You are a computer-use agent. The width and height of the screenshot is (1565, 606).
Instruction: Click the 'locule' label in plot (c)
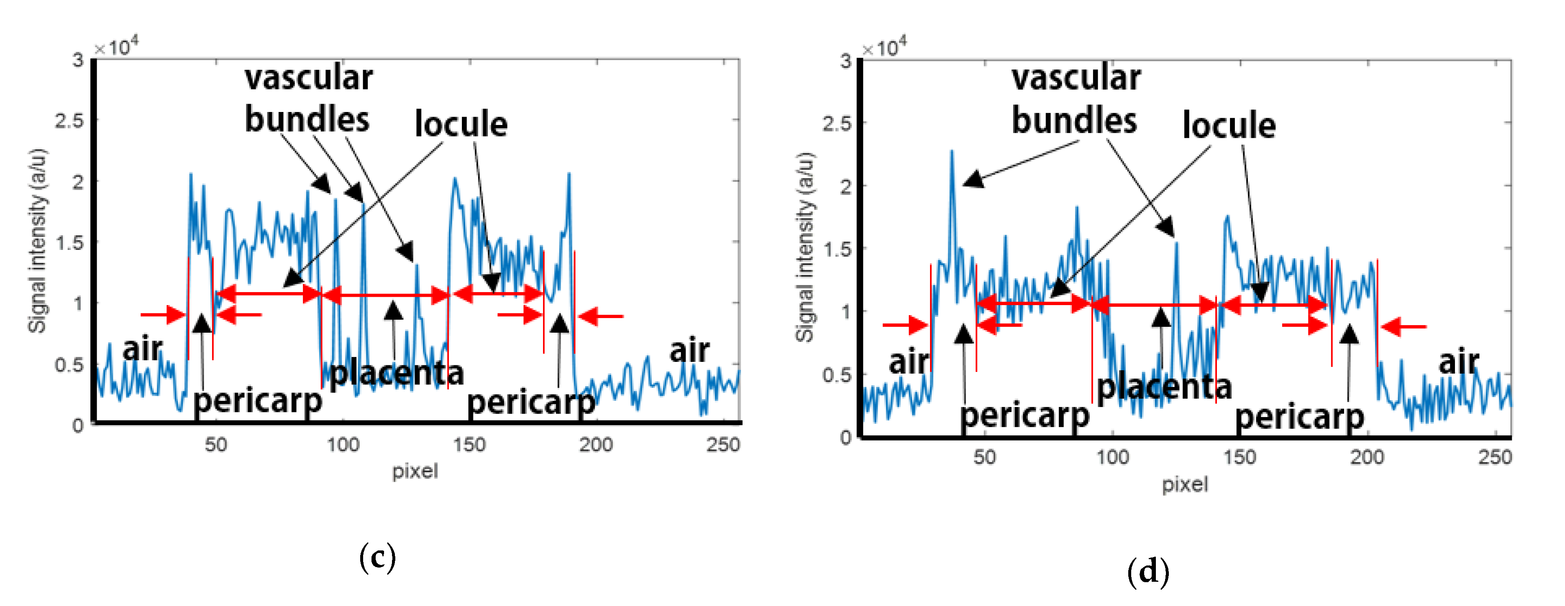pyautogui.click(x=461, y=125)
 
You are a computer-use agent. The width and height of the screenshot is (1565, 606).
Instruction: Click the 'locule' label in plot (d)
pyautogui.click(x=1228, y=126)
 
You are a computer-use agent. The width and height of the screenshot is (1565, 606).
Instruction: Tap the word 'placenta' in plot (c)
pyautogui.click(x=397, y=372)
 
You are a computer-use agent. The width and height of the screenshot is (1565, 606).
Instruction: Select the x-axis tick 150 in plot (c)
pyautogui.click(x=469, y=445)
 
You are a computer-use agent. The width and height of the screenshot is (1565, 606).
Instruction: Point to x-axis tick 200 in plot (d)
pyautogui.click(x=1367, y=457)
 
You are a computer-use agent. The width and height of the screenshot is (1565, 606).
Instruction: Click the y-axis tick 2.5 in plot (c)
pyautogui.click(x=69, y=121)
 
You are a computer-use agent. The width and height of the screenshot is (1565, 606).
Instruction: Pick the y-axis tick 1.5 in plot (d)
pyautogui.click(x=837, y=250)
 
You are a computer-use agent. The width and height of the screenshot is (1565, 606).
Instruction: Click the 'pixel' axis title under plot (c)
pyautogui.click(x=414, y=471)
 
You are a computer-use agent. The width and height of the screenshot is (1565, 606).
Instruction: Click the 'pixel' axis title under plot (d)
pyautogui.click(x=1185, y=484)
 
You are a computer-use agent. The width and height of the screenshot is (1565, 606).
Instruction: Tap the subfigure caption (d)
pyautogui.click(x=1147, y=571)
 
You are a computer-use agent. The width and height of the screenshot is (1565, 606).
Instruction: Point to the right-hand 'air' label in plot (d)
pyautogui.click(x=1458, y=362)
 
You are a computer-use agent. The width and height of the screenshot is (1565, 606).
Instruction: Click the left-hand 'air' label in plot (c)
pyautogui.click(x=142, y=349)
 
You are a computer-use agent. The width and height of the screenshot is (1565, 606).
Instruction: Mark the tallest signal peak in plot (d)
pyautogui.click(x=952, y=152)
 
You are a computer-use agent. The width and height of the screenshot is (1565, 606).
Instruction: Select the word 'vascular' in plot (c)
pyautogui.click(x=309, y=78)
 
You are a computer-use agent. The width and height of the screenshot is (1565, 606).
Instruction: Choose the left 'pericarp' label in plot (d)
pyautogui.click(x=1024, y=415)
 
